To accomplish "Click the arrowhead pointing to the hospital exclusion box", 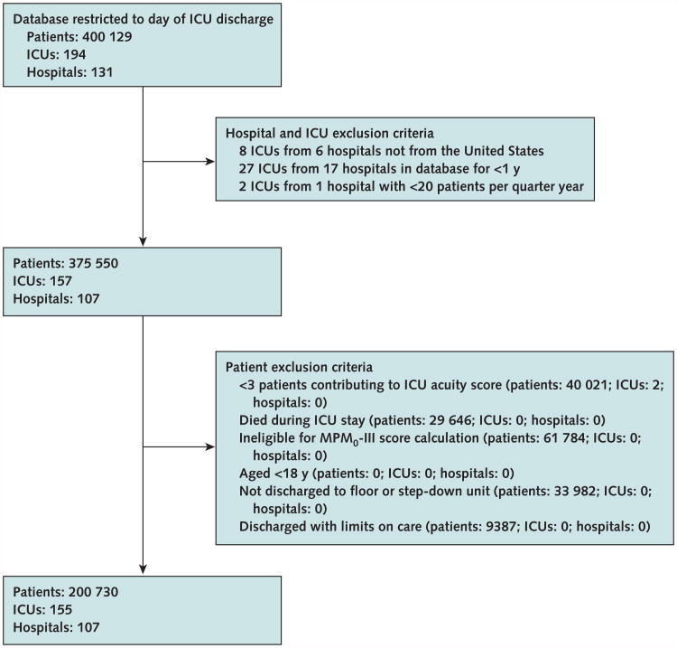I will tap(209, 164).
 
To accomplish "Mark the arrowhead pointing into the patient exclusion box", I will tap(209, 446).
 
